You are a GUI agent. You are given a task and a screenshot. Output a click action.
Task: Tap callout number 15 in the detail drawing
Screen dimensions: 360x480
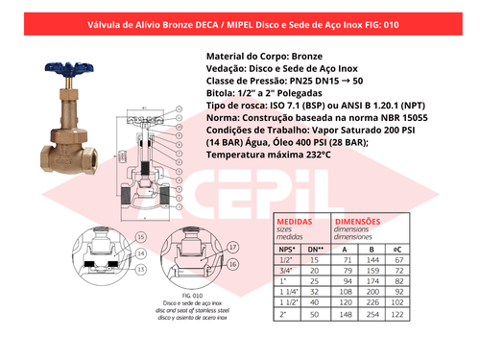(x=140, y=235)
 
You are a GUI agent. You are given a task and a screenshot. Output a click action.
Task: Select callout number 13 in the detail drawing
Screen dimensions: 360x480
(x=140, y=271)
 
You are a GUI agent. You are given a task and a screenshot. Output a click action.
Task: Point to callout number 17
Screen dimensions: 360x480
(x=233, y=248)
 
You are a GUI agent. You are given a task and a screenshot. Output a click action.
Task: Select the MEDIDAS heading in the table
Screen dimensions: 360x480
(x=293, y=222)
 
